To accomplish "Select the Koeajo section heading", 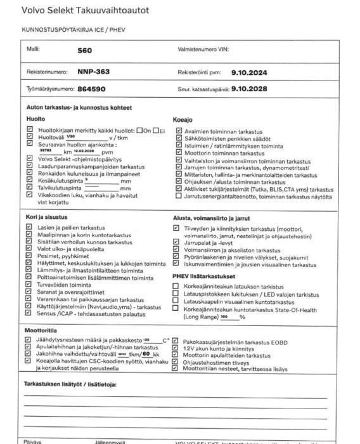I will pos(183,119).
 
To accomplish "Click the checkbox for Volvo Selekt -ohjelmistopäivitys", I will pos(29,159).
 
